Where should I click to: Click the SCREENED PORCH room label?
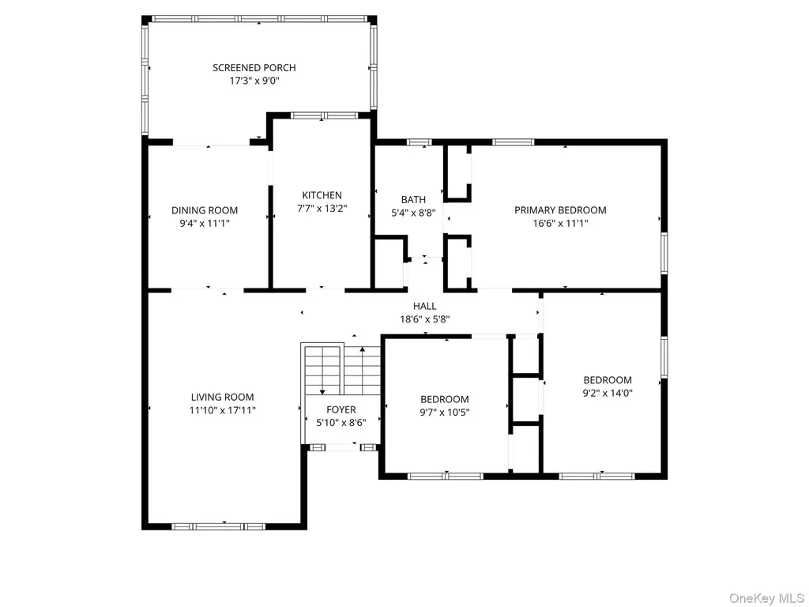[254, 68]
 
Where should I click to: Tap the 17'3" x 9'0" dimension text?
[254, 81]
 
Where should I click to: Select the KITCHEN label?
[322, 195]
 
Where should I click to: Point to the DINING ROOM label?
[205, 210]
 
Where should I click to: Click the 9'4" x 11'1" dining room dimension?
[205, 224]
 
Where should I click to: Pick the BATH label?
[414, 200]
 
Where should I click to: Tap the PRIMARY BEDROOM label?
[560, 210]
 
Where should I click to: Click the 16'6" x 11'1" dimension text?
[561, 224]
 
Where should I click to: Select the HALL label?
[424, 307]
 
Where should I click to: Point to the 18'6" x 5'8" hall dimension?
[424, 319]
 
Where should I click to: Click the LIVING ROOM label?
[222, 398]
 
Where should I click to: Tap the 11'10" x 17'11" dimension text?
[222, 411]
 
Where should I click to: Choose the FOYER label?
[341, 410]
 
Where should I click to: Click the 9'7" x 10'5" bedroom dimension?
[445, 413]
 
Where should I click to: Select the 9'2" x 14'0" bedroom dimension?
[608, 394]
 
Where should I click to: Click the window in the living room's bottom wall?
[218, 526]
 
